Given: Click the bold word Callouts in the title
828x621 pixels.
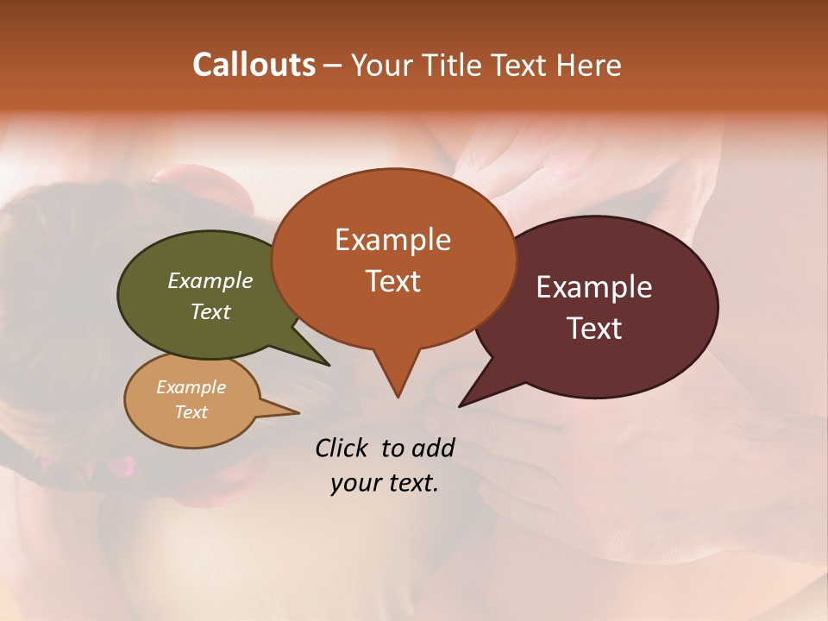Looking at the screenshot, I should coord(254,65).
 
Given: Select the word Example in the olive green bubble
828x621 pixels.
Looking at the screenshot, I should coord(210,280).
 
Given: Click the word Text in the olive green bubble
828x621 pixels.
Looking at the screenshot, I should coord(210,311).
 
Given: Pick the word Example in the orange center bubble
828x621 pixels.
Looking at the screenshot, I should coord(392,240).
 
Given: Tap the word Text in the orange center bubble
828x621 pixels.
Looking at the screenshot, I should coord(392,281).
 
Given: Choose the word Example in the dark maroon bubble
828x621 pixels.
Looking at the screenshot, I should coord(594,287).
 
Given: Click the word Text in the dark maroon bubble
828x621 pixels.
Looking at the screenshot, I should coord(594,329).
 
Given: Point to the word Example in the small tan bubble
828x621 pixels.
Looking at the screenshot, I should coord(191,387).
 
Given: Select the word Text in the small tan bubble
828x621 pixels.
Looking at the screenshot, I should coord(191,412).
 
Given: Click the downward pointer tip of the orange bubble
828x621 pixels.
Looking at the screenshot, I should coord(398,394).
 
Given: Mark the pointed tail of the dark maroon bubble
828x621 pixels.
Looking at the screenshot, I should coord(463,403).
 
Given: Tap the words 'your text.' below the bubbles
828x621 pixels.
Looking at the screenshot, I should coord(385,483).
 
